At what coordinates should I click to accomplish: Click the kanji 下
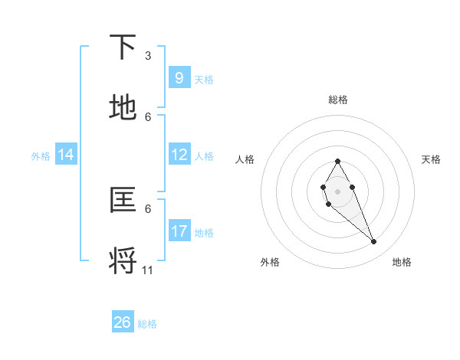pyautogui.click(x=123, y=48)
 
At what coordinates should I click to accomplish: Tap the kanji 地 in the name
pyautogui.click(x=123, y=108)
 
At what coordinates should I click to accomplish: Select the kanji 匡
pyautogui.click(x=123, y=200)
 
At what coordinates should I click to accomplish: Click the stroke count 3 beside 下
pyautogui.click(x=148, y=56)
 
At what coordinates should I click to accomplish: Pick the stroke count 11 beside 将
pyautogui.click(x=148, y=270)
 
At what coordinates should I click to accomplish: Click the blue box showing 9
pyautogui.click(x=179, y=77)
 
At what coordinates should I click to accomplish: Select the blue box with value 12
pyautogui.click(x=179, y=155)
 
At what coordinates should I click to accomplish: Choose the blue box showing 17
pyautogui.click(x=179, y=231)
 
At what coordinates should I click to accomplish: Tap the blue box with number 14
pyautogui.click(x=66, y=155)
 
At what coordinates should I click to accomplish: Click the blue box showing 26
pyautogui.click(x=123, y=322)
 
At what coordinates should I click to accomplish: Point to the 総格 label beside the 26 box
pyautogui.click(x=147, y=324)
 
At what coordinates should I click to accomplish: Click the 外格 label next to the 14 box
pyautogui.click(x=41, y=155)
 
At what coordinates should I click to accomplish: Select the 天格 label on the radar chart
pyautogui.click(x=431, y=159)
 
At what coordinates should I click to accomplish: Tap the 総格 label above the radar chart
pyautogui.click(x=338, y=100)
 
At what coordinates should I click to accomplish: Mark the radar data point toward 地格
pyautogui.click(x=374, y=242)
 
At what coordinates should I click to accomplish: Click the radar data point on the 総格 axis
pyautogui.click(x=337, y=161)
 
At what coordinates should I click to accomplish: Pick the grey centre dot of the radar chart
pyautogui.click(x=337, y=191)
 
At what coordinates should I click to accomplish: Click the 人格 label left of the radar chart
pyautogui.click(x=245, y=159)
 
